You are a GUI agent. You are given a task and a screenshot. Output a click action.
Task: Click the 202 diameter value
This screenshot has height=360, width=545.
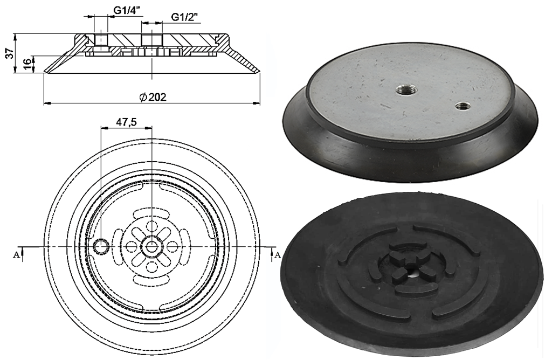click(x=157, y=97)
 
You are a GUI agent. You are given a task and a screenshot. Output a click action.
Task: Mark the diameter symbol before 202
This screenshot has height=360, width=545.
click(x=143, y=97)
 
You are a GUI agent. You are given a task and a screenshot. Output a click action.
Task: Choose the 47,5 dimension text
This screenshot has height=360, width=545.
click(x=126, y=122)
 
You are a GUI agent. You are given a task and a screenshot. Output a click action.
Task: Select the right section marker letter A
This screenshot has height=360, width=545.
click(x=278, y=254)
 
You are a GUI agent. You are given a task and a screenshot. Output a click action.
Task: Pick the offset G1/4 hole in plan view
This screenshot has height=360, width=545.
click(x=101, y=246)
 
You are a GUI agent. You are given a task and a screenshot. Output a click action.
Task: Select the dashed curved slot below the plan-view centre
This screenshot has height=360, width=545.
click(x=152, y=282)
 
